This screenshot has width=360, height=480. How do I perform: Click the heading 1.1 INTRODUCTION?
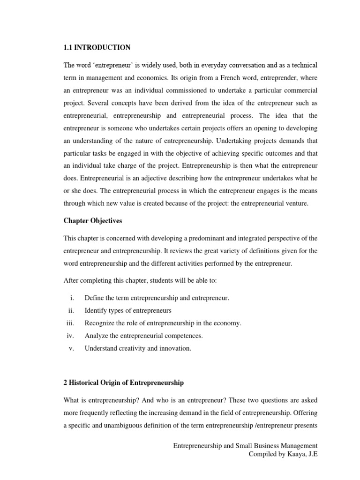[x=97, y=47]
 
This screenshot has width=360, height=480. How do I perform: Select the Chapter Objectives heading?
[x=93, y=220]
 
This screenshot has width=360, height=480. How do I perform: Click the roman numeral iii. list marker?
[x=71, y=323]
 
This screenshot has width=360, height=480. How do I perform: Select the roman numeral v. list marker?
[x=72, y=348]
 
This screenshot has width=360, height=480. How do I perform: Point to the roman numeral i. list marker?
[x=73, y=298]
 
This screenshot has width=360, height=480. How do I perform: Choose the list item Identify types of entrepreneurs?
[x=128, y=310]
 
